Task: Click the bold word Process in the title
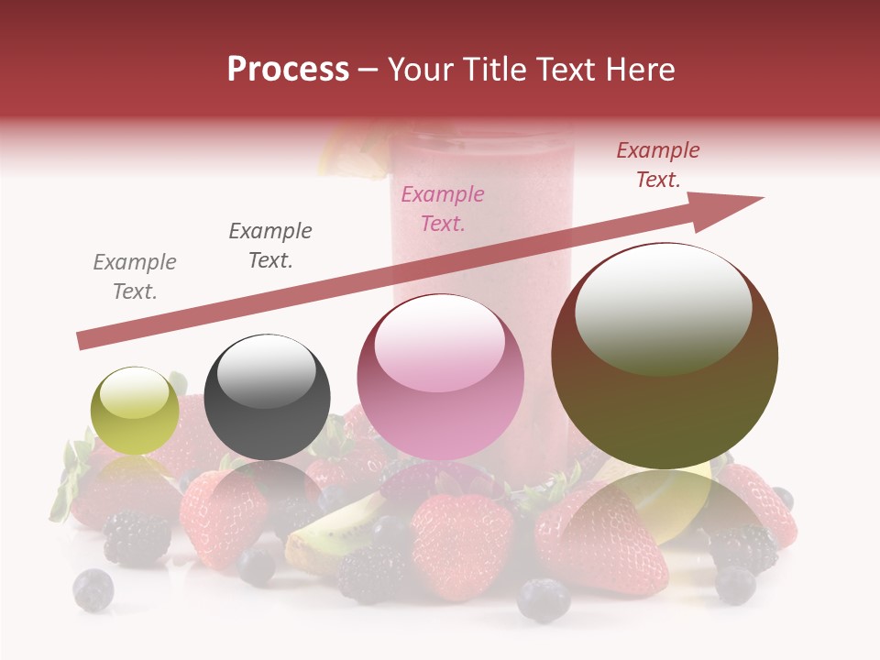click(288, 70)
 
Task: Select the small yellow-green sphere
click(135, 411)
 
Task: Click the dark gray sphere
click(267, 397)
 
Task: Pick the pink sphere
click(440, 377)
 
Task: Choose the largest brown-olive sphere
click(665, 356)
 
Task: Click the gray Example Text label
click(135, 277)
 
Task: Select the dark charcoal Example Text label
click(270, 246)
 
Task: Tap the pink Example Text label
click(443, 208)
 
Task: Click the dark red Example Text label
click(658, 165)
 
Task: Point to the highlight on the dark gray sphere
click(267, 371)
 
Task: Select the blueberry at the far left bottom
click(93, 589)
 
